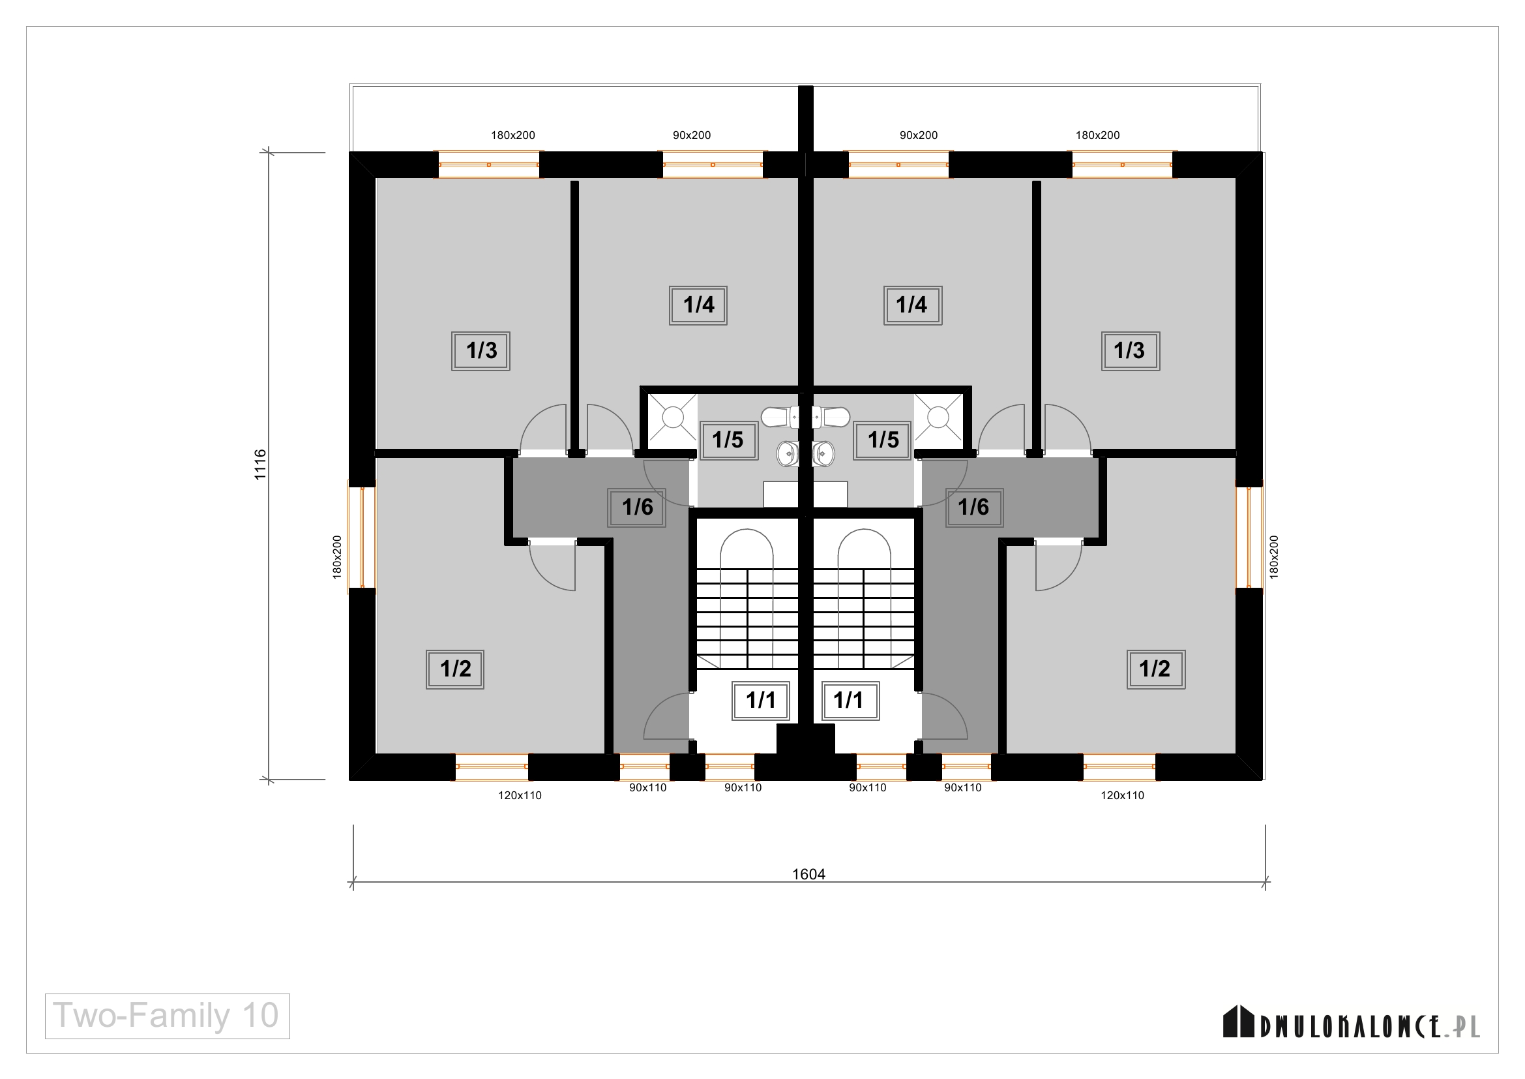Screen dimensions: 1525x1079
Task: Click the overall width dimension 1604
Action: (808, 874)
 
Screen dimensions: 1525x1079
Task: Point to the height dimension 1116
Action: (259, 464)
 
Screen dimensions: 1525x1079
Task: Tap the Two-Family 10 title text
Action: (166, 1016)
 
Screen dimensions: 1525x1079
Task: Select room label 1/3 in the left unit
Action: (481, 351)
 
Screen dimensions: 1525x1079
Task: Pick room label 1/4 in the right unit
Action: (912, 305)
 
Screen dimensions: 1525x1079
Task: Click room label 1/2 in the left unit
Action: (455, 669)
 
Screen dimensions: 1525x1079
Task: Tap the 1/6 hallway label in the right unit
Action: (973, 508)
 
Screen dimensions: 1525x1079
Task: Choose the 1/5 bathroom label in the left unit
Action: (729, 440)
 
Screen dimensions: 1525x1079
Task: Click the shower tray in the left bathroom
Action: (673, 418)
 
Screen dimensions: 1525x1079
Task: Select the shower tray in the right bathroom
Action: (938, 418)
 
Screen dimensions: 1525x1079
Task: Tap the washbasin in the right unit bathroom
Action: (824, 455)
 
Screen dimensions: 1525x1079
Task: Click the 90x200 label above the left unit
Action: (691, 136)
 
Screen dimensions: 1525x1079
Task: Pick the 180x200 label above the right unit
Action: (1097, 136)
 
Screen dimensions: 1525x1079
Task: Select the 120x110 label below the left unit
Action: (520, 795)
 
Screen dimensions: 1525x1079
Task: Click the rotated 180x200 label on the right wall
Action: (1273, 556)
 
